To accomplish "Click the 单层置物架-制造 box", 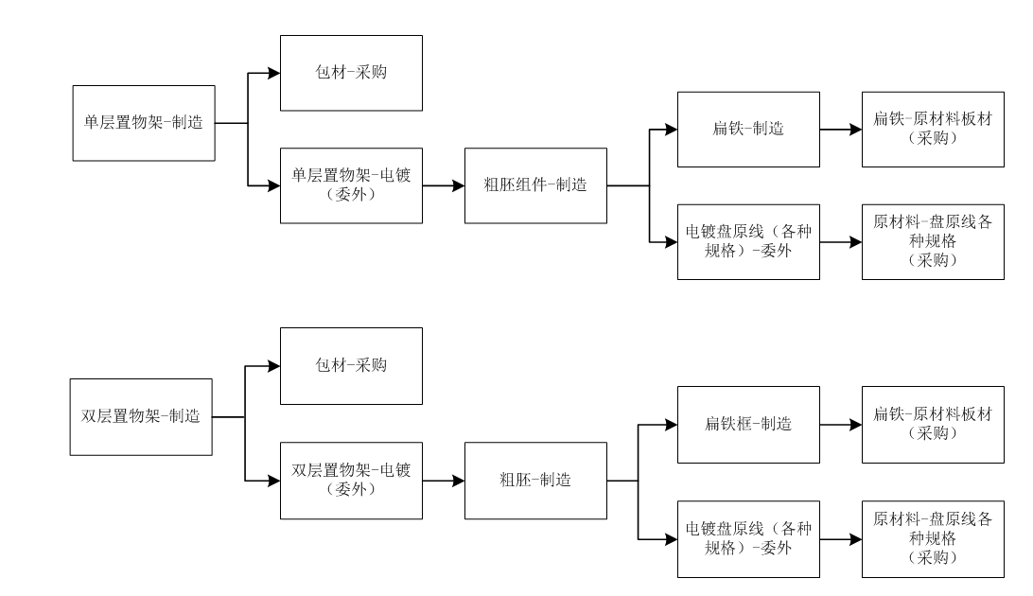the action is click(x=144, y=123).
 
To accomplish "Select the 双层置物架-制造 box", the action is click(x=141, y=417).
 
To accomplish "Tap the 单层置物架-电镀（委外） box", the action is click(x=351, y=185).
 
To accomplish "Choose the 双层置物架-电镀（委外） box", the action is click(x=351, y=481).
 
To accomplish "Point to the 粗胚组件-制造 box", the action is click(x=535, y=185).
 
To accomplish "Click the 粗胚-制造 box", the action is click(x=535, y=481).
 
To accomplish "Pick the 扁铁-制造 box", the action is click(x=748, y=130).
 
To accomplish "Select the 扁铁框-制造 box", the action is click(x=748, y=425).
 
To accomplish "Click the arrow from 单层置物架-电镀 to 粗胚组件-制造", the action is click(x=444, y=185).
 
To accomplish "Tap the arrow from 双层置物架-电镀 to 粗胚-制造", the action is click(x=444, y=481).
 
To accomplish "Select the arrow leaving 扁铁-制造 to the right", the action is click(x=841, y=130).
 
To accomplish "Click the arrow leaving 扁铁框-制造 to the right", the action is click(x=841, y=425).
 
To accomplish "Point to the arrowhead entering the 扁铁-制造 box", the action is click(x=672, y=130).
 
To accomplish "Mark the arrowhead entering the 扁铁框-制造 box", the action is click(x=672, y=425).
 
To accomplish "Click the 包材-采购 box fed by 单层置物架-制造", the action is click(x=351, y=73).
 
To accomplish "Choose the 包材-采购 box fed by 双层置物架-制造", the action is click(x=351, y=366).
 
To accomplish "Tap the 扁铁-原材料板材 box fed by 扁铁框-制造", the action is click(x=933, y=425).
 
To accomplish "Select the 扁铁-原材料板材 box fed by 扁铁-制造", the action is click(x=933, y=130).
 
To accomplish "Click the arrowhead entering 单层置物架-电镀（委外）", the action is click(x=274, y=185).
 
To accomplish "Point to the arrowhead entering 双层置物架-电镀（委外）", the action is click(x=274, y=481).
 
